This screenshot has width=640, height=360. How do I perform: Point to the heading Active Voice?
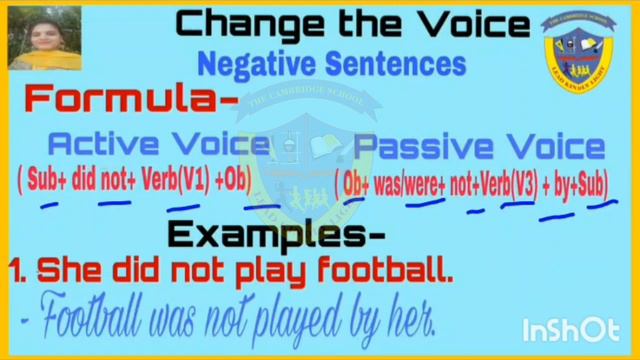[x=158, y=145]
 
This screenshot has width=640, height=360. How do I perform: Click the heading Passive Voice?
[x=480, y=147]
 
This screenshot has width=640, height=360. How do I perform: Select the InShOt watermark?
[x=571, y=330]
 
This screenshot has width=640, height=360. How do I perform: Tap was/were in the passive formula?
[x=406, y=183]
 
